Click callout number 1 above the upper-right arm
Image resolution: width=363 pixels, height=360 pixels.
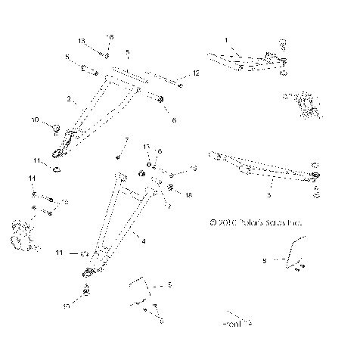tap(225, 39)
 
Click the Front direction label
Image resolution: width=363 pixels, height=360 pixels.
tap(235, 323)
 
